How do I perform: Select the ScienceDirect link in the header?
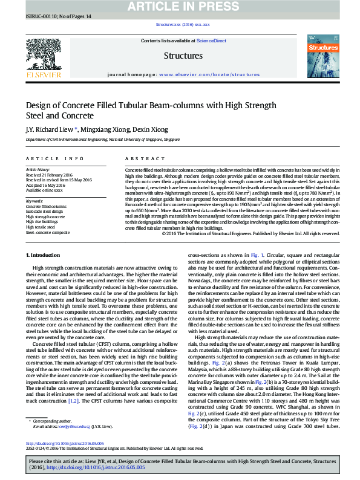[212, 41]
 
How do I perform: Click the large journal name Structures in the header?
[183, 56]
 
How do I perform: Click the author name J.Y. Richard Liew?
[50, 129]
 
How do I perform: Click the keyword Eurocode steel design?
[44, 211]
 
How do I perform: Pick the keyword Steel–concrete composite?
[47, 232]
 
